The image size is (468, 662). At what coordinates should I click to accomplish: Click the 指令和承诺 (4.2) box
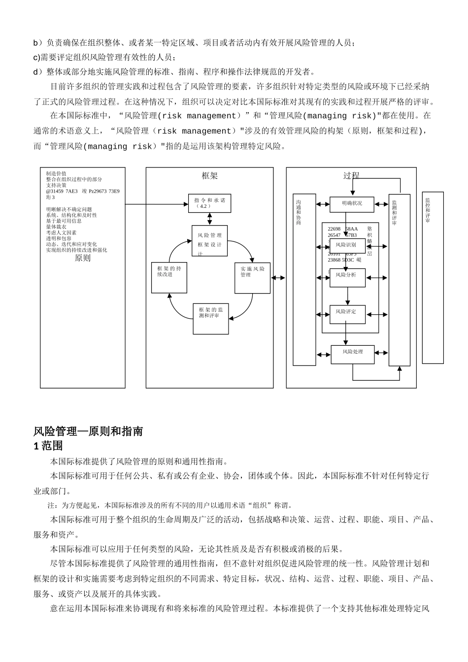point(209,203)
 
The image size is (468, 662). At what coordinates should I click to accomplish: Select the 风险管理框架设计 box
point(209,241)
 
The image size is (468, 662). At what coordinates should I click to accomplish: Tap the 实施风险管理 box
point(252,278)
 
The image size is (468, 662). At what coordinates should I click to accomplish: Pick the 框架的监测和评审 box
point(210,318)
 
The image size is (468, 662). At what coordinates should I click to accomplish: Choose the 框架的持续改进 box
point(169,278)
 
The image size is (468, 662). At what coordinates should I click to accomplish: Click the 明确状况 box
point(352,204)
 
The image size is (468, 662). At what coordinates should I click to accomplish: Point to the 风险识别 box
point(347,245)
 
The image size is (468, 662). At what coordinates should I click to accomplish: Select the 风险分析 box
point(347,277)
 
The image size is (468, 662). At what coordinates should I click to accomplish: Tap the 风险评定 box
point(347,314)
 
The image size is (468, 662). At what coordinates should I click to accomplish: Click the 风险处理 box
point(352,354)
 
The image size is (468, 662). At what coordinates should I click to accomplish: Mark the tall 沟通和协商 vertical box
point(304,279)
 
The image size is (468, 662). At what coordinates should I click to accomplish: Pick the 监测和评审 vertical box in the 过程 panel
point(399,279)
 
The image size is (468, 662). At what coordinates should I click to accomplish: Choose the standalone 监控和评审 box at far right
point(433,277)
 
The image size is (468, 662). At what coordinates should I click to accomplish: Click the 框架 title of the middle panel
point(209,176)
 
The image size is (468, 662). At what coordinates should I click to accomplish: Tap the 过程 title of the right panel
point(351,176)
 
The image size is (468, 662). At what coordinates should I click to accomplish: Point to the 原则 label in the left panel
point(83,258)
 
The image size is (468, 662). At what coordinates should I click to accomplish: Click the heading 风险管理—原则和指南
point(88,431)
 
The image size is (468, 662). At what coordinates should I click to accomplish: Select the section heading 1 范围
point(48,446)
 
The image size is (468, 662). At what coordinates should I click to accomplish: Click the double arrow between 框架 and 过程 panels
point(279,278)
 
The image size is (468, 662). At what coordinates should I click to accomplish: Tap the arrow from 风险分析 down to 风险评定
point(347,296)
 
